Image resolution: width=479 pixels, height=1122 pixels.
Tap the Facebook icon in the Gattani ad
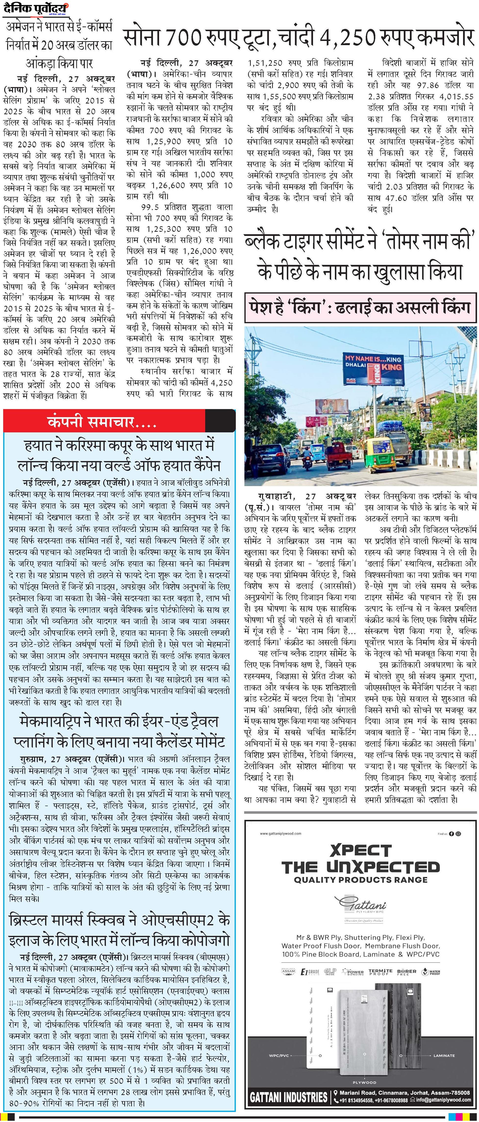click(x=452, y=834)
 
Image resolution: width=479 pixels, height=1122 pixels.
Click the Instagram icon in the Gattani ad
click(x=458, y=834)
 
